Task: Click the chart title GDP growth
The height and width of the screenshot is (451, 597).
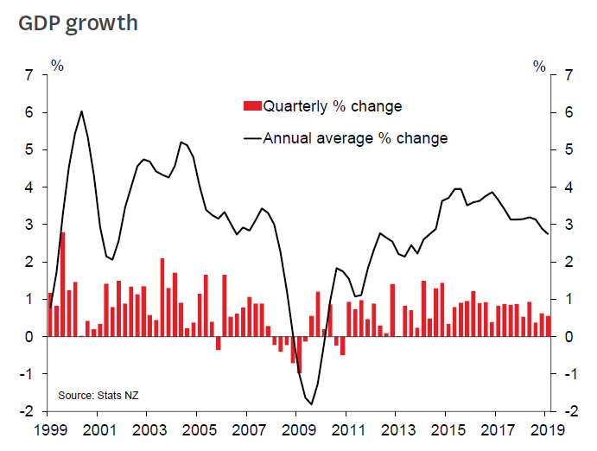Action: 79,22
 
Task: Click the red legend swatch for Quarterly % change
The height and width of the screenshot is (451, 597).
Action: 252,106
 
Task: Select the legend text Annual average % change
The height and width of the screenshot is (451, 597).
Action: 355,138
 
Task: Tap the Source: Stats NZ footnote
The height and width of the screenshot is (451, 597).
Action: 98,395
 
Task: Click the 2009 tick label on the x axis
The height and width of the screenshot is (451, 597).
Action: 296,429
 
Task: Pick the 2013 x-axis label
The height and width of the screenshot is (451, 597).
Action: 397,429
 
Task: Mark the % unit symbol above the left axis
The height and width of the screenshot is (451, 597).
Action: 57,65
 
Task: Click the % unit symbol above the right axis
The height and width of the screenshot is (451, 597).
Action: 540,65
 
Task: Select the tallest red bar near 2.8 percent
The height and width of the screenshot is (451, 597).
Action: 63,284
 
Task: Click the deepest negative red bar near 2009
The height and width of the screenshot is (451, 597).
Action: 299,355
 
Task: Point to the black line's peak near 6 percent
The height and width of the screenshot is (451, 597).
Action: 81,111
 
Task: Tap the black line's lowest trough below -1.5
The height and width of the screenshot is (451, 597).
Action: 311,404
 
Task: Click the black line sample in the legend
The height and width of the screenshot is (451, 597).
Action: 252,138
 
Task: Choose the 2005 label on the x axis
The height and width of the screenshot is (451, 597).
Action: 197,429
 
